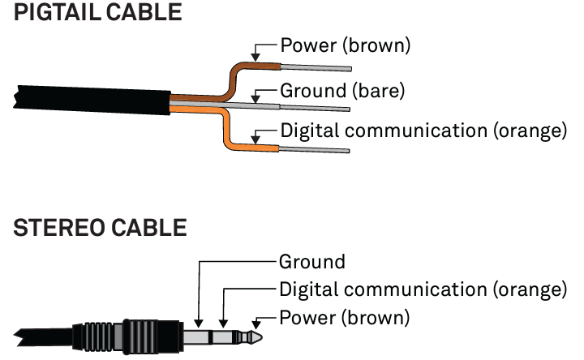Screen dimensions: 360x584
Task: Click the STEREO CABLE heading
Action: [100, 229]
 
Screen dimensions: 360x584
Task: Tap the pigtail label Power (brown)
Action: [345, 45]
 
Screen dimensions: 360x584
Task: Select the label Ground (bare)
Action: [341, 90]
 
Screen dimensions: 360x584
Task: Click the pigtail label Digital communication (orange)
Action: [423, 130]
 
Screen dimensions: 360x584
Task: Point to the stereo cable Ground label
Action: [312, 262]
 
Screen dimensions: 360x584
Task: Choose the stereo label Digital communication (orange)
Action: [423, 289]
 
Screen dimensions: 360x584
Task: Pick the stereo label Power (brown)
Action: [345, 316]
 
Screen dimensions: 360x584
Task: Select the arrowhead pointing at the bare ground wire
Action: [256, 101]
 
